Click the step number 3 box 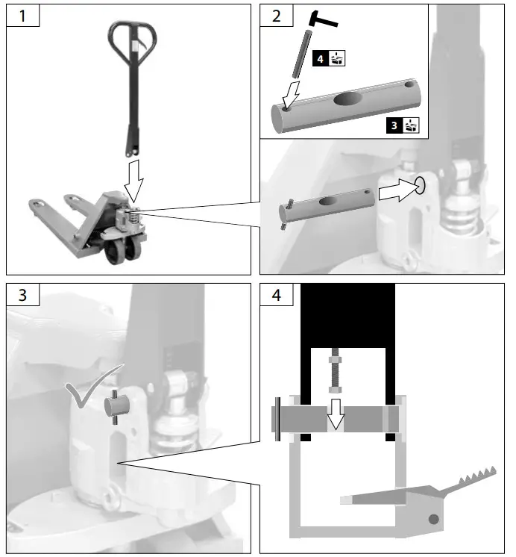click(22, 296)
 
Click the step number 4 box click(277, 296)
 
